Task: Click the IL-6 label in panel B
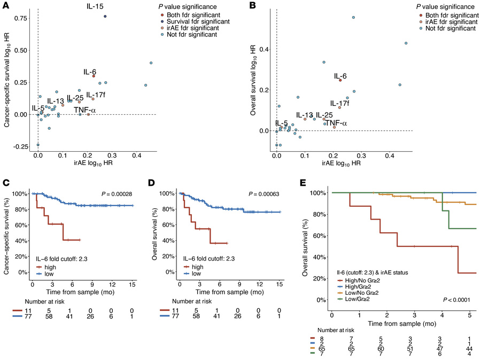(x=340, y=76)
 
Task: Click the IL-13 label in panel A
(x=56, y=101)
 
